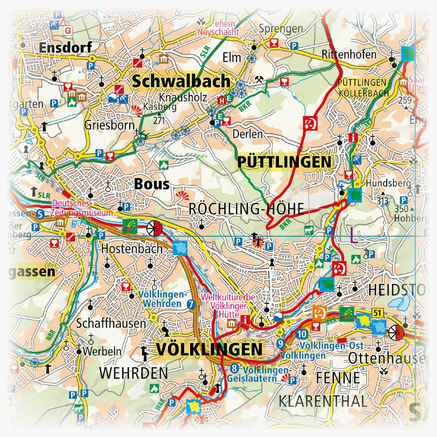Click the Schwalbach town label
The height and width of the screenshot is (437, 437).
[181, 81]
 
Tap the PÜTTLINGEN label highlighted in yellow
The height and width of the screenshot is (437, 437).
[284, 162]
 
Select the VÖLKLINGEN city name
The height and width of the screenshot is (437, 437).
[209, 349]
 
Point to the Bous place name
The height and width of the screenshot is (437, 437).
[151, 183]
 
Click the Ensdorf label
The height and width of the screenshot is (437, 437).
[65, 47]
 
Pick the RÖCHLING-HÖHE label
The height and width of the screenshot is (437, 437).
[246, 209]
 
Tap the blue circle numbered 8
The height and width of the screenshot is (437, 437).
[234, 368]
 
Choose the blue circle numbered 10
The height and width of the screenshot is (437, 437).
[302, 334]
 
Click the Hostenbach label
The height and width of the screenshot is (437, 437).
[132, 249]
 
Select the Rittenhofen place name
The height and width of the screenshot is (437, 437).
[349, 55]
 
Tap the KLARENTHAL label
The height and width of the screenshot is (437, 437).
[323, 401]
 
